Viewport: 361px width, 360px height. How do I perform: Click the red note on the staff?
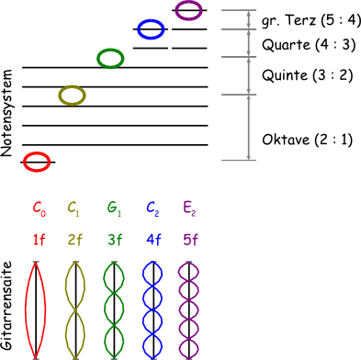(x=25, y=162)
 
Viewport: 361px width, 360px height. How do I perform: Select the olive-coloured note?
(x=60, y=96)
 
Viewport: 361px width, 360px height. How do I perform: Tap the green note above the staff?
(x=98, y=58)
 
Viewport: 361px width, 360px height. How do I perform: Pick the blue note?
(x=138, y=29)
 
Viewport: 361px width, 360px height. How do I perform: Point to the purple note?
(x=176, y=10)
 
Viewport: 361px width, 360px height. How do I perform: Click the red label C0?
(x=39, y=208)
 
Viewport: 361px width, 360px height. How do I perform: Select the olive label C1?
(x=73, y=208)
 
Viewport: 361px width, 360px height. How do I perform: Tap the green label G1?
(x=114, y=208)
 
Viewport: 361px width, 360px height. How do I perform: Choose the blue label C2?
(x=152, y=208)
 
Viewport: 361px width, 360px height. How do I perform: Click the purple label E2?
(x=189, y=208)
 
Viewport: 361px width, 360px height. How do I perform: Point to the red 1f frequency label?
(x=39, y=240)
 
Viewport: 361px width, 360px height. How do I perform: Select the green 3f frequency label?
(x=115, y=240)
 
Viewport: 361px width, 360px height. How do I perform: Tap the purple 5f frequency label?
(x=190, y=240)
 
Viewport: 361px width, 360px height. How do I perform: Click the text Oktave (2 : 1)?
(x=308, y=140)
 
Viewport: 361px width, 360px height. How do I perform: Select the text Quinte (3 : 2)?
(x=308, y=75)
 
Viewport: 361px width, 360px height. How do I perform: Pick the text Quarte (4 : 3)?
(x=309, y=45)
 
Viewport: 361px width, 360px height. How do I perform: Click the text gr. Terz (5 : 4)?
(x=311, y=21)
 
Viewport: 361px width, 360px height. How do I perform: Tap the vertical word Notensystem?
(x=6, y=113)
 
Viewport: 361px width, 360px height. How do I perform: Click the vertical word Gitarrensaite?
(x=6, y=306)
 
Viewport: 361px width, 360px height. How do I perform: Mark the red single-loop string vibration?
(x=26, y=309)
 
